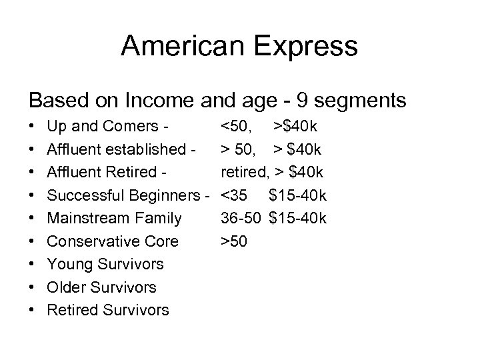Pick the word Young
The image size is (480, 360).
[x=69, y=264]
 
